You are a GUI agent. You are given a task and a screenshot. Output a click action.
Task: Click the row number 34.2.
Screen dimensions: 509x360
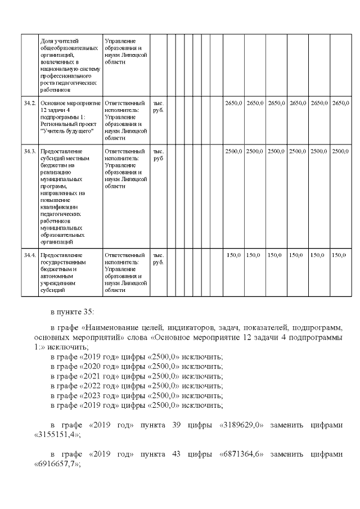tap(30, 103)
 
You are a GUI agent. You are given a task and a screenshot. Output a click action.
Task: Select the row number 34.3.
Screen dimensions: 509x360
tap(30, 151)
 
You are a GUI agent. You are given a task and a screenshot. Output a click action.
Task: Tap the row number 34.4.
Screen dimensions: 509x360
tap(30, 255)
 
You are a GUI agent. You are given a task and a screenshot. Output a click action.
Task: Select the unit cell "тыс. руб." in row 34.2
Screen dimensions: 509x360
tap(159, 107)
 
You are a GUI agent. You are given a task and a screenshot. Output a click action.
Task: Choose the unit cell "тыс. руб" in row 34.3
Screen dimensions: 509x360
tap(159, 155)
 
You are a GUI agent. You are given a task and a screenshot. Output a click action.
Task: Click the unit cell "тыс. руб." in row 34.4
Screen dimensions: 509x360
tap(159, 259)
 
